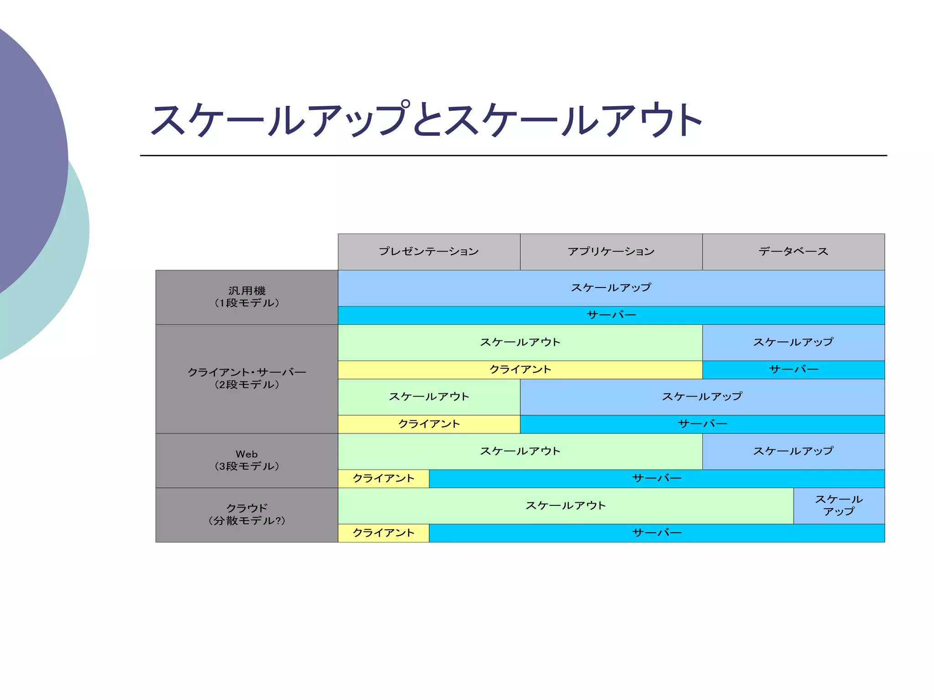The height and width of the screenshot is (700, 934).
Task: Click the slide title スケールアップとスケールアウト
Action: (426, 120)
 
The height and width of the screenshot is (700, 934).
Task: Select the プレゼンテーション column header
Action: (429, 252)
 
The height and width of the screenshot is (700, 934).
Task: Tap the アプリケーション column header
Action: (611, 252)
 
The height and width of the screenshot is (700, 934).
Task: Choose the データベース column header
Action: (794, 252)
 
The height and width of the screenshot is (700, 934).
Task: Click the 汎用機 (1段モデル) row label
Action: (247, 297)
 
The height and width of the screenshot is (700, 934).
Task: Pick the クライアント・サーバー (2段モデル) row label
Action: (247, 378)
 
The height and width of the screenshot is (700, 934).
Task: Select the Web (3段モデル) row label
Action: (247, 460)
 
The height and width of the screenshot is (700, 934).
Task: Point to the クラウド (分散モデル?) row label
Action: (247, 515)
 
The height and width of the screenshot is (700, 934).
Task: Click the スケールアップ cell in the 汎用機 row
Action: (611, 288)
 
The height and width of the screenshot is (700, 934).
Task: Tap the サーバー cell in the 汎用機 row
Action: (611, 315)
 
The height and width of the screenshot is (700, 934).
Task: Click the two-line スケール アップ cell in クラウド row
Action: (839, 505)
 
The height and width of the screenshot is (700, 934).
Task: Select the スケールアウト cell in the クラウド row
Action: (566, 505)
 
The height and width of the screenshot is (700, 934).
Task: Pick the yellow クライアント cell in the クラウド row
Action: (384, 533)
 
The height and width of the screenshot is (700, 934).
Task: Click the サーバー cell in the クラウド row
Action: (657, 533)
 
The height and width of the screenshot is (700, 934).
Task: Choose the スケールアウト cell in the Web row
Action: (520, 451)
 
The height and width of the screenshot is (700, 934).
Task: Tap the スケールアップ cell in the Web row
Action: (794, 451)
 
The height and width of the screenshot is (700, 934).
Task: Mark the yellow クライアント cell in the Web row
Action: (384, 479)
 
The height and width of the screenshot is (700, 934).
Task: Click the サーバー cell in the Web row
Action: (657, 479)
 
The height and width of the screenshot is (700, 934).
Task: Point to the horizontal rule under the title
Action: (513, 155)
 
